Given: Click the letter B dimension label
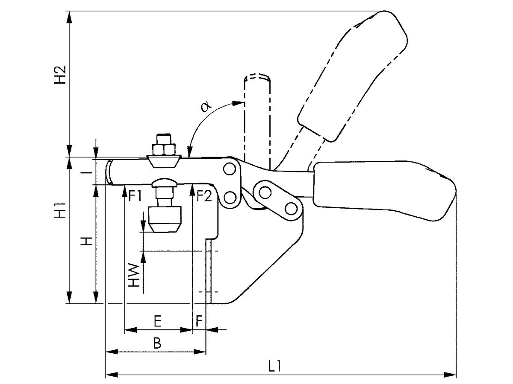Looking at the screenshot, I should click(157, 343).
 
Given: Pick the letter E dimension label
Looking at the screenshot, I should click(157, 321).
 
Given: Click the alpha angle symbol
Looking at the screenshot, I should click(205, 107).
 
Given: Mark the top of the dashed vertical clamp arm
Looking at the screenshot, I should click(257, 77).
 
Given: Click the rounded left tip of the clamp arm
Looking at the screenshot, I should click(109, 172).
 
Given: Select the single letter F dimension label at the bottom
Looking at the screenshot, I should click(199, 321).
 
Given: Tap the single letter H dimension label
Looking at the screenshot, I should click(87, 242).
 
